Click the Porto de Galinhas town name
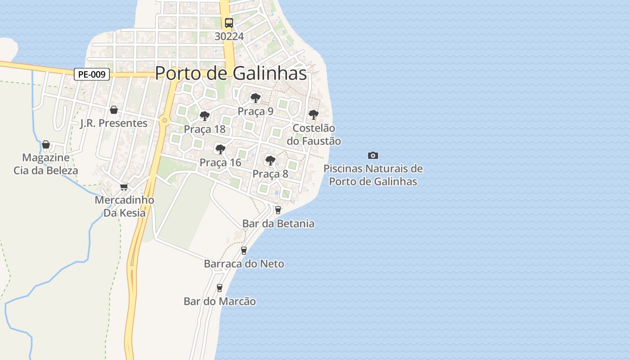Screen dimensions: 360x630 (231, 73)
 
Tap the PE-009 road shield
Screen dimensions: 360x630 (92, 74)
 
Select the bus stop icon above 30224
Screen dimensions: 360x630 (229, 22)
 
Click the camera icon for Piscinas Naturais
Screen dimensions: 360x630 (373, 155)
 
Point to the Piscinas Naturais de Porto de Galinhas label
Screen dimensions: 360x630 (373, 175)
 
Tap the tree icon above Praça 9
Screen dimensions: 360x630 (255, 98)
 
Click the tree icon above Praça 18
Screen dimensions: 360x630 (204, 116)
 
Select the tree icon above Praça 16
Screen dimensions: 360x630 (220, 149)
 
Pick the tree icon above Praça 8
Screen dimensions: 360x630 (270, 160)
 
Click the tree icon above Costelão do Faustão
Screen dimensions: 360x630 (314, 115)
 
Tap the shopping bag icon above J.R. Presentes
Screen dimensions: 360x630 (114, 110)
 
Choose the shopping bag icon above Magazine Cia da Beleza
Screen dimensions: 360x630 (46, 144)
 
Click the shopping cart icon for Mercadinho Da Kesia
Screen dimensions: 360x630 (124, 187)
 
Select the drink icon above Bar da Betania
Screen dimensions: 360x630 (278, 210)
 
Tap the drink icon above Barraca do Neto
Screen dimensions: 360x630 (244, 250)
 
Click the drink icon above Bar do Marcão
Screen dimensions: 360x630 (220, 288)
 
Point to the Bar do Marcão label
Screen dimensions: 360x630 (220, 301)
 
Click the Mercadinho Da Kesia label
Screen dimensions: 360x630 (124, 207)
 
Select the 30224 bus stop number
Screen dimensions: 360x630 (229, 36)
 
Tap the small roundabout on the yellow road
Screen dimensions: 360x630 (165, 120)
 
